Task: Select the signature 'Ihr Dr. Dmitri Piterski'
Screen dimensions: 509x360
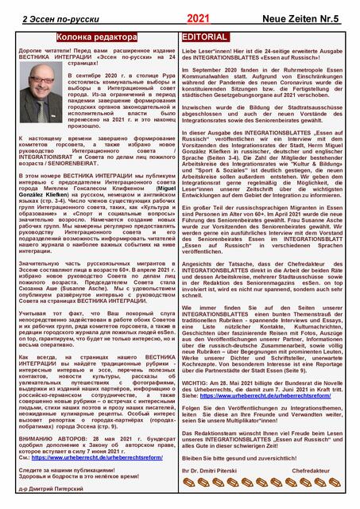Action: click(x=214, y=471)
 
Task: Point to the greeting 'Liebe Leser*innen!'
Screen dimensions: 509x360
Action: click(x=211, y=49)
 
